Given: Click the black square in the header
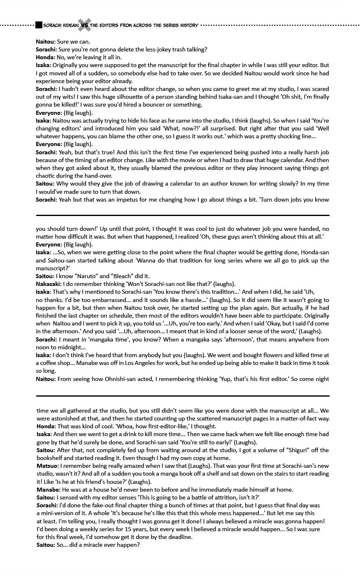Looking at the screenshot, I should [39, 26].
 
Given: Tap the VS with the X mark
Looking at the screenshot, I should [84, 26].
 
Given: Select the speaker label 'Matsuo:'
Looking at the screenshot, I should [47, 466].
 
